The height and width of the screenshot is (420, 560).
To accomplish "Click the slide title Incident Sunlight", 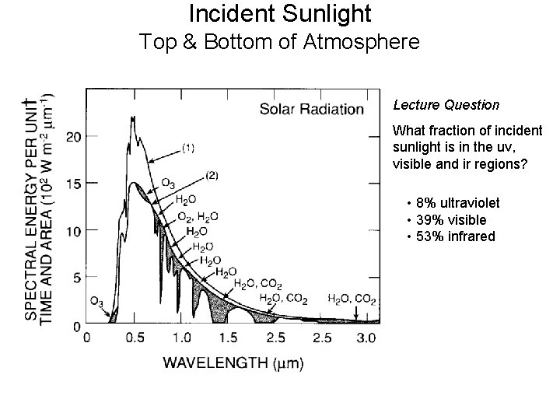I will coord(280,13).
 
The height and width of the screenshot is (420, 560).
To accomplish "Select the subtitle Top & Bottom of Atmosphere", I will coord(280,41).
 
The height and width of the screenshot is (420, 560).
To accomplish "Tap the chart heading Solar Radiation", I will coord(311,109).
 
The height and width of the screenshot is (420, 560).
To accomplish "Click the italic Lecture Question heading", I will coord(446,103).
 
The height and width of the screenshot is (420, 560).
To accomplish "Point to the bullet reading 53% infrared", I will coord(455,236).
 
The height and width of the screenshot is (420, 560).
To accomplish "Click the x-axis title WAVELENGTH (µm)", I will coord(233,362).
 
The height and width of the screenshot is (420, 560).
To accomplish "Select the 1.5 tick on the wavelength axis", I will coord(228,338).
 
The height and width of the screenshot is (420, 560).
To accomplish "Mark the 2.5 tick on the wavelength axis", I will coord(322,338).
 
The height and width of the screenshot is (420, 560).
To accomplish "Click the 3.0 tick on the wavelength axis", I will coord(368,338).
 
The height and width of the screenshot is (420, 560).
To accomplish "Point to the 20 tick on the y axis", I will coord(74,138).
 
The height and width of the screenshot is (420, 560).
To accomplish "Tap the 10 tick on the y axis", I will coord(74,231).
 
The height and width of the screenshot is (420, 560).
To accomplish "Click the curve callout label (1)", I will coord(190,145).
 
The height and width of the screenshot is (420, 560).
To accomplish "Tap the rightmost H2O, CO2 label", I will coord(352,298).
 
